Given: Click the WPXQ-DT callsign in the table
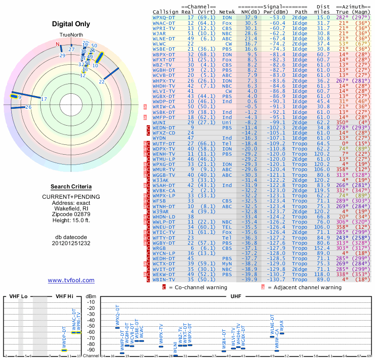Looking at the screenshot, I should tap(166, 17).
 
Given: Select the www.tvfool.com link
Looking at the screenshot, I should tap(71, 280).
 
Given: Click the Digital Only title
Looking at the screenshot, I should tap(71, 24).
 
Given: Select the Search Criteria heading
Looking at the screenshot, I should tap(71, 187).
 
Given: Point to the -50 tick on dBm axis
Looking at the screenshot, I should tap(90, 326).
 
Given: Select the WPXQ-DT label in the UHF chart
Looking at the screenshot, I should tap(117, 316).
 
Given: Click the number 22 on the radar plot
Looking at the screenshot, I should tap(101, 82).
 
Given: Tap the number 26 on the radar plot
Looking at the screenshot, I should tap(28, 107).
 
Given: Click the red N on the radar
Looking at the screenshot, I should tap(58, 45).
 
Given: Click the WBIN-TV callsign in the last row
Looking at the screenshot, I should tap(165, 279).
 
